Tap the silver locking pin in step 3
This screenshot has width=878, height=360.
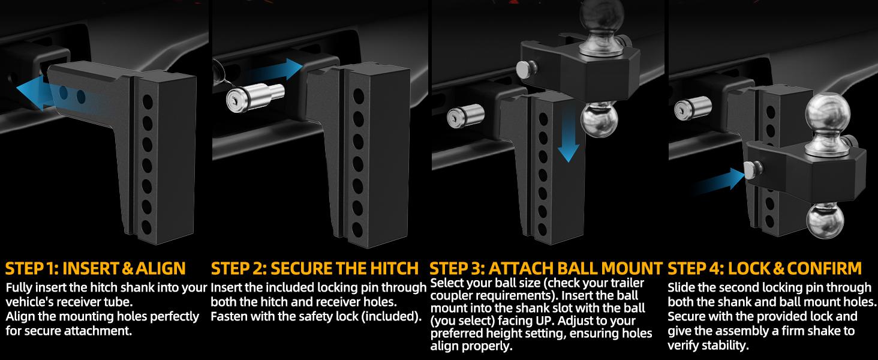465,115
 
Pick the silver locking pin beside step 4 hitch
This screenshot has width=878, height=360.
693,107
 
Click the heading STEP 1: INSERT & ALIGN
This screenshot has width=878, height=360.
95,269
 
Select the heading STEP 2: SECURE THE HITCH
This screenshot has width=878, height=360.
315,269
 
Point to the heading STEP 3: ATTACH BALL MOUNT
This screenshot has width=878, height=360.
546,269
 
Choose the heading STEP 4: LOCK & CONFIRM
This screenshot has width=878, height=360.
765,269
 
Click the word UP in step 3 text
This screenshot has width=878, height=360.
543,320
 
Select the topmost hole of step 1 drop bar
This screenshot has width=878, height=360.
148,102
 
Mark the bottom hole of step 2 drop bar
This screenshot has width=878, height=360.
357,230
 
